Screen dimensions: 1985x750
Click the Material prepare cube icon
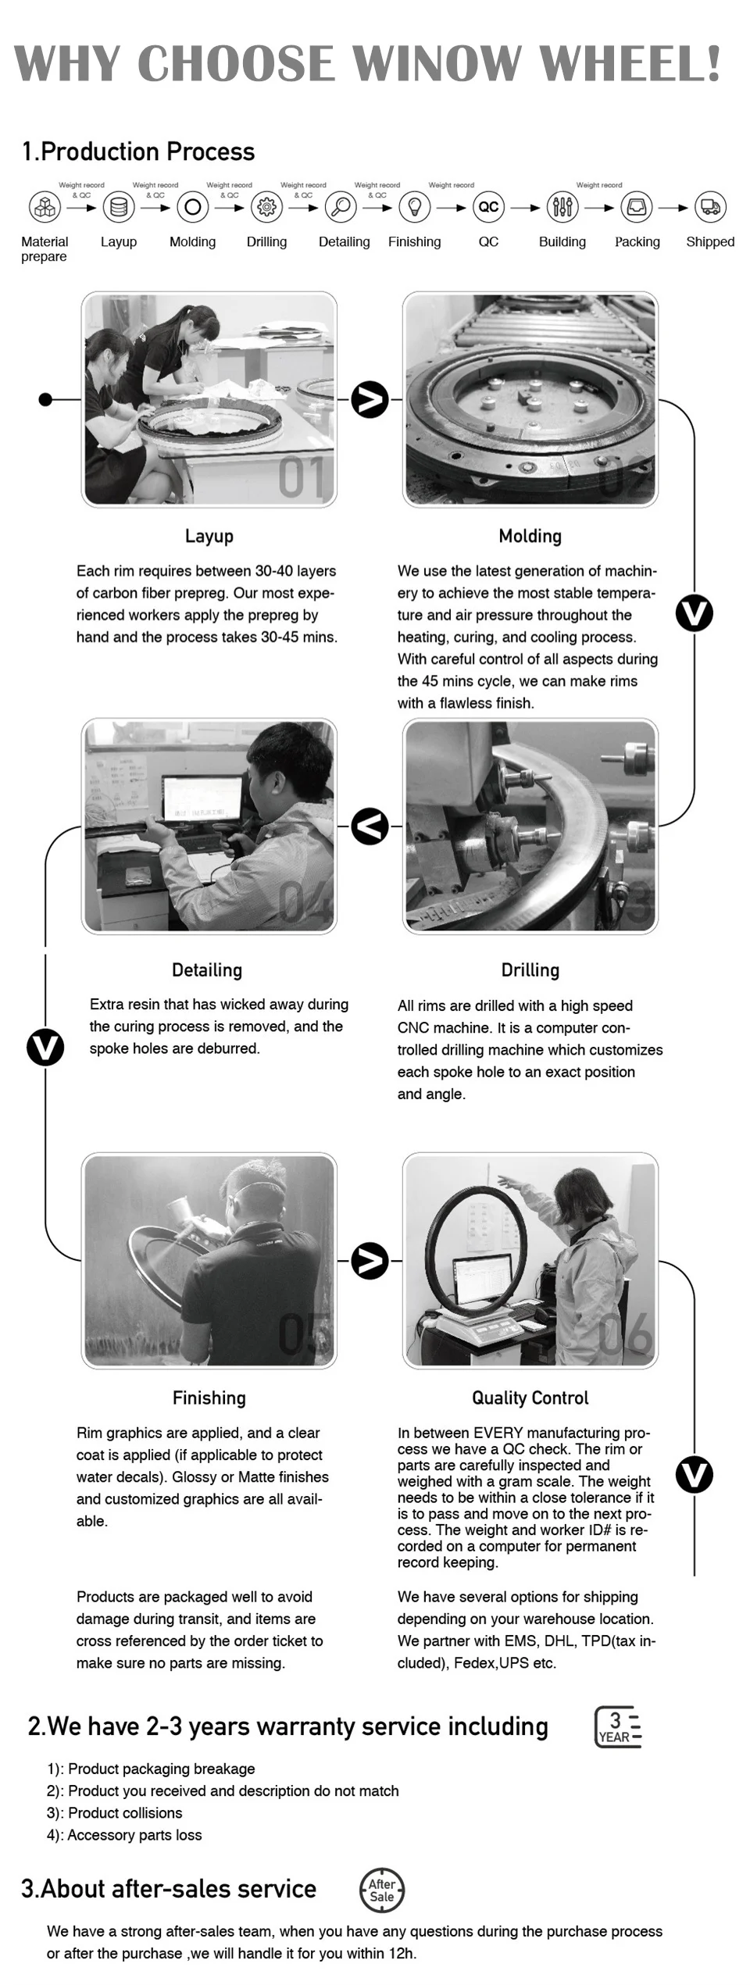(45, 207)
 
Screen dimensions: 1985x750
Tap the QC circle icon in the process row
(488, 207)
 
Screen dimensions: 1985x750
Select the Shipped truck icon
(710, 207)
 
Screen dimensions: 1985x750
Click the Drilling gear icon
(266, 207)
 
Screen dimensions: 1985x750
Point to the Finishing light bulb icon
(415, 207)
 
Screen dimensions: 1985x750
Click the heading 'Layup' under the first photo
(209, 536)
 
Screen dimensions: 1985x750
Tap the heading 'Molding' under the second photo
(530, 536)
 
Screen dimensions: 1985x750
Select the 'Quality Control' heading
(530, 1398)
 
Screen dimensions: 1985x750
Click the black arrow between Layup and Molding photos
(370, 399)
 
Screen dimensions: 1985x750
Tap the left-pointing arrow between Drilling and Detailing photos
(370, 826)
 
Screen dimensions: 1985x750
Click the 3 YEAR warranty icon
(618, 1726)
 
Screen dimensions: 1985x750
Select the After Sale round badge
(382, 1890)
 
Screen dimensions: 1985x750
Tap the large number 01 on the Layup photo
(302, 478)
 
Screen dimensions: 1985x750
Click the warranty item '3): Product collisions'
(114, 1813)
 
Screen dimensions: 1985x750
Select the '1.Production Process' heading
(138, 152)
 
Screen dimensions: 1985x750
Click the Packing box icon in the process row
(636, 207)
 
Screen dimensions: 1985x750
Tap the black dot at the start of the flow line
(45, 399)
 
